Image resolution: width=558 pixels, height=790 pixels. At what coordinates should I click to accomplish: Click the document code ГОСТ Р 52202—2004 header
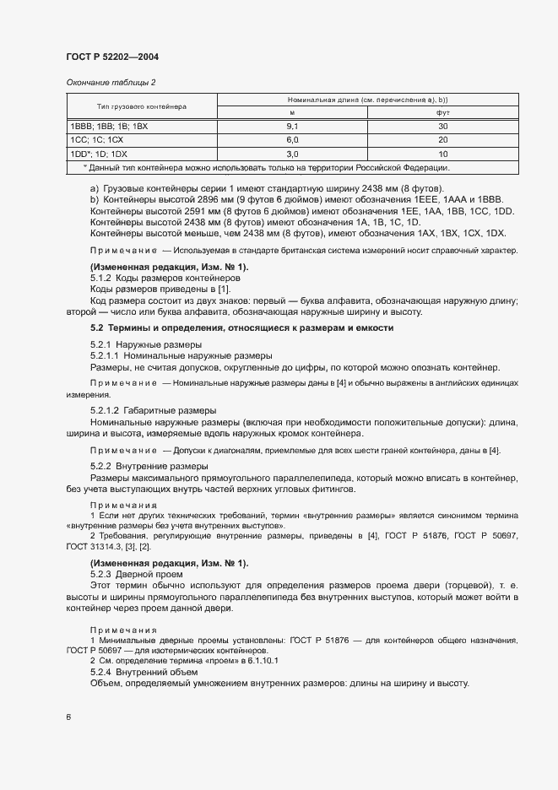(112, 57)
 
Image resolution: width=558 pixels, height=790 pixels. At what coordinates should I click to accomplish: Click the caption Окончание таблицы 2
(111, 83)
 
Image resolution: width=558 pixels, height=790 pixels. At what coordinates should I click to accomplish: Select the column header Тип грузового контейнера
(142, 106)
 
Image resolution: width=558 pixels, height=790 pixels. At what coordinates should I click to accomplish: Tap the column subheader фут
(442, 113)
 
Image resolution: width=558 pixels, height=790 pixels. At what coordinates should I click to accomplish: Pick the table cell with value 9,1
(293, 127)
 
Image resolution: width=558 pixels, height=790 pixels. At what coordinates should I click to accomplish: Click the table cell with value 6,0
(293, 139)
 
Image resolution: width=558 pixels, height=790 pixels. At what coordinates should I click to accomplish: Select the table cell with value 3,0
(293, 154)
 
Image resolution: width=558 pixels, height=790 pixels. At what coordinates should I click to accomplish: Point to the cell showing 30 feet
(442, 127)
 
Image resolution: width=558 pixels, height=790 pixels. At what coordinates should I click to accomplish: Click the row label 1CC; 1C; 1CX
(97, 139)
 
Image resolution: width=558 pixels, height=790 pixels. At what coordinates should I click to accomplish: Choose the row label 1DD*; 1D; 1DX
(100, 154)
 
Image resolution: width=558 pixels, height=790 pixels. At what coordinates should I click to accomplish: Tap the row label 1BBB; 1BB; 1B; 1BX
(109, 127)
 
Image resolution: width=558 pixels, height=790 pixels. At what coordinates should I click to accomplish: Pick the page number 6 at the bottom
(68, 717)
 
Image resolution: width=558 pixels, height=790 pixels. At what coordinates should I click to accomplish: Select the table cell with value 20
(442, 139)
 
